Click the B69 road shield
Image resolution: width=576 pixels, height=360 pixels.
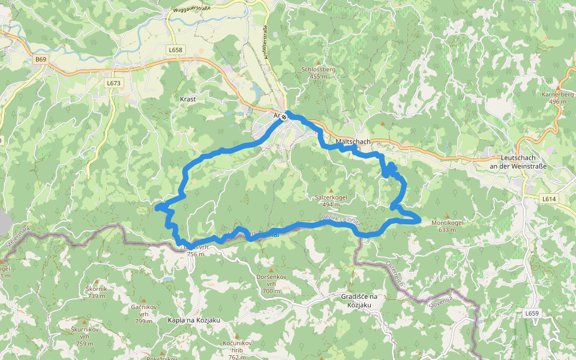pyautogui.click(x=40, y=59)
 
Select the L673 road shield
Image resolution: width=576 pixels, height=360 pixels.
pyautogui.click(x=113, y=83)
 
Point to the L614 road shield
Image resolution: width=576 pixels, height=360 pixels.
pyautogui.click(x=549, y=199)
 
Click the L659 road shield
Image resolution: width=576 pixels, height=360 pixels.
pyautogui.click(x=532, y=313)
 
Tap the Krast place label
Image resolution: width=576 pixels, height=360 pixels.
pyautogui.click(x=188, y=98)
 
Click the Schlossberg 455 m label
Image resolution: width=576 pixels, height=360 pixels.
pyautogui.click(x=319, y=73)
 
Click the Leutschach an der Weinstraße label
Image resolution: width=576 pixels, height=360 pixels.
pyautogui.click(x=518, y=161)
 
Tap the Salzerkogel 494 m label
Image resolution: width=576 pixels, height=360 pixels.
pyautogui.click(x=331, y=200)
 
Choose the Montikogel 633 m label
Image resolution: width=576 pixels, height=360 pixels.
pyautogui.click(x=448, y=226)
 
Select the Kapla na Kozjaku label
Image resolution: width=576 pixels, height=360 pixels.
pyautogui.click(x=194, y=320)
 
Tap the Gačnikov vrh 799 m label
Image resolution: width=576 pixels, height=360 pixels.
pyautogui.click(x=144, y=314)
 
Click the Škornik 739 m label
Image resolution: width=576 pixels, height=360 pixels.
pyautogui.click(x=97, y=292)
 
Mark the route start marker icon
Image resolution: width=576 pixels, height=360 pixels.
pyautogui.click(x=284, y=118)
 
